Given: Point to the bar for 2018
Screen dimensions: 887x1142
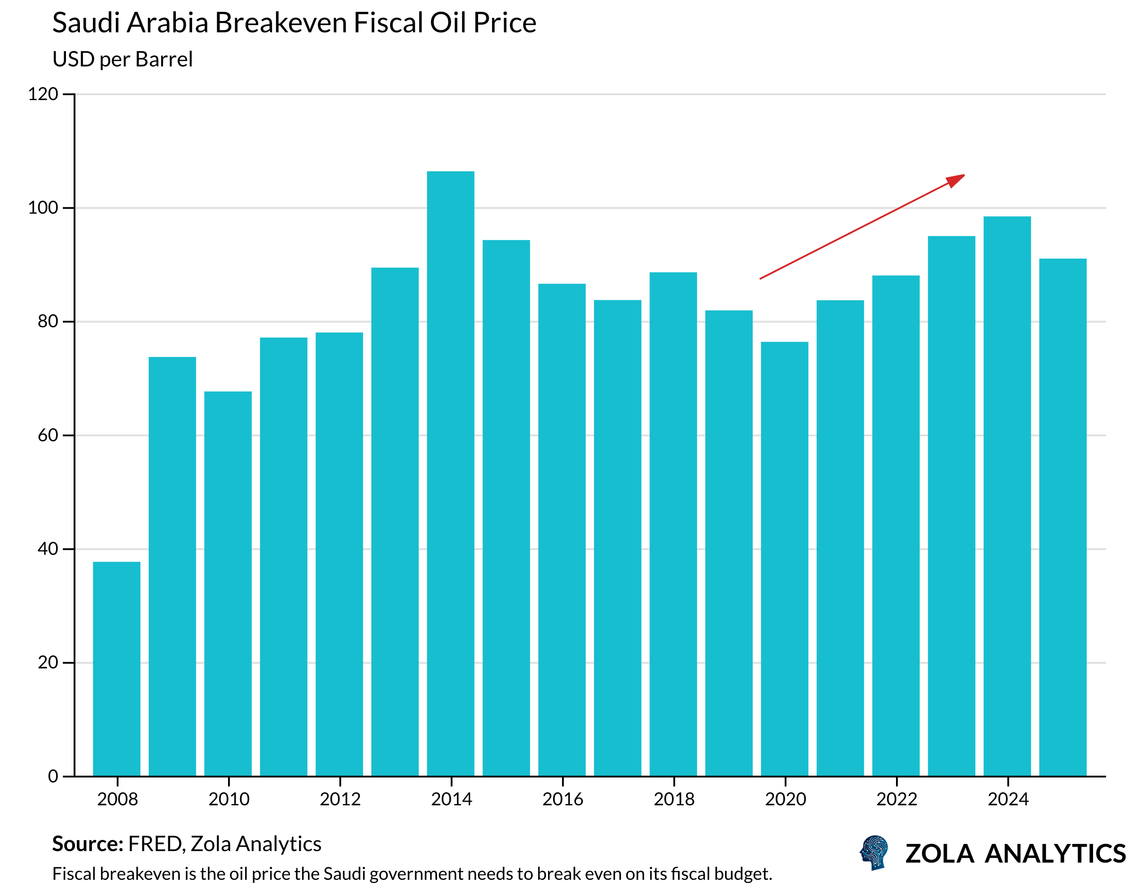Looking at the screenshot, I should [673, 523].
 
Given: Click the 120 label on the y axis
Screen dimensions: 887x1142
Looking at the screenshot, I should [43, 94].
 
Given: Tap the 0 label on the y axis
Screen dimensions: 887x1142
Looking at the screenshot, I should [53, 776].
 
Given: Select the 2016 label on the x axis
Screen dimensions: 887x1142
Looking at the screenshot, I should [562, 799].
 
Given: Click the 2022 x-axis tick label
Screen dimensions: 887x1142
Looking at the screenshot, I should [897, 799].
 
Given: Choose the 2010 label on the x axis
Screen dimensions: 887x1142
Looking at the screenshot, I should [228, 799].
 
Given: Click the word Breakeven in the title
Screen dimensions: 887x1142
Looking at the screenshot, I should [281, 23].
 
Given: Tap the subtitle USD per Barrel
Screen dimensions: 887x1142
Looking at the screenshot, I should [123, 59].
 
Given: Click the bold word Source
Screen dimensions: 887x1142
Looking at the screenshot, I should [88, 843].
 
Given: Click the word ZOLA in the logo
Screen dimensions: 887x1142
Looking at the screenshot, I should [939, 853].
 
